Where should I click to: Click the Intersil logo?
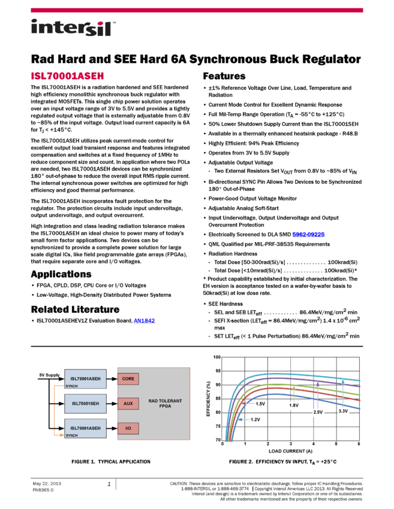coord(73,28)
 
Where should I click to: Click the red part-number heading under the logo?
coord(67,76)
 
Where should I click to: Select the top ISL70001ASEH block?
coord(86,378)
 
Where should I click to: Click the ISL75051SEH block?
coord(86,404)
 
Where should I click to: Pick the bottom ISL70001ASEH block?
coord(86,428)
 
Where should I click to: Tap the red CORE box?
coord(128,378)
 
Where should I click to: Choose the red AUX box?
coord(128,404)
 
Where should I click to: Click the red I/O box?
coord(128,428)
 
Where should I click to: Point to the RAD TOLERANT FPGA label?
coord(165,403)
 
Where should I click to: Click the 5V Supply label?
coord(49,375)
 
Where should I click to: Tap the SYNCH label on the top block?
coord(71,386)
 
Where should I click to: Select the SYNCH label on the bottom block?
coord(71,435)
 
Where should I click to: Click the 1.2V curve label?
coord(255,420)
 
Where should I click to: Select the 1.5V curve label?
coord(260,404)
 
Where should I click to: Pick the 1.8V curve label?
coord(293,406)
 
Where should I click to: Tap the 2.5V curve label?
coord(318,413)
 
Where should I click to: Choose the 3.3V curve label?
coord(343,411)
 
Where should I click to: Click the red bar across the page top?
coord(197,10)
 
